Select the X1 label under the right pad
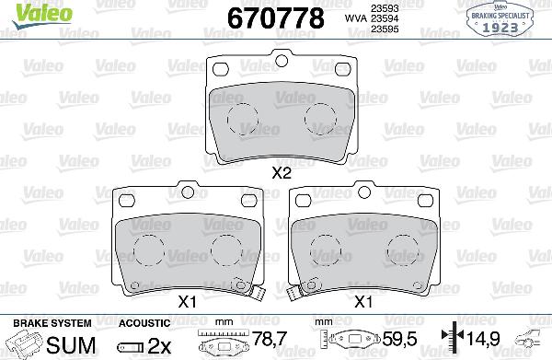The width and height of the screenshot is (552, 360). tap(365, 300)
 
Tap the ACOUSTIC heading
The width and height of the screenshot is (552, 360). tap(144, 324)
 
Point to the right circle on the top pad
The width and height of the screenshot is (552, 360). tap(320, 116)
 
